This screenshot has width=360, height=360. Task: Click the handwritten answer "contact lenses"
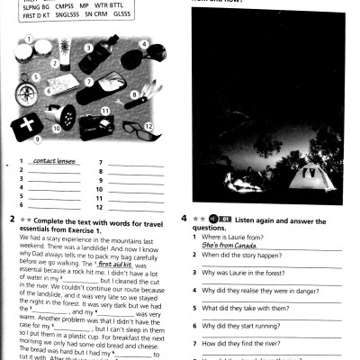tap(53, 161)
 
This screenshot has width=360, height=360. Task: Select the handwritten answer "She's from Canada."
tap(231, 244)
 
